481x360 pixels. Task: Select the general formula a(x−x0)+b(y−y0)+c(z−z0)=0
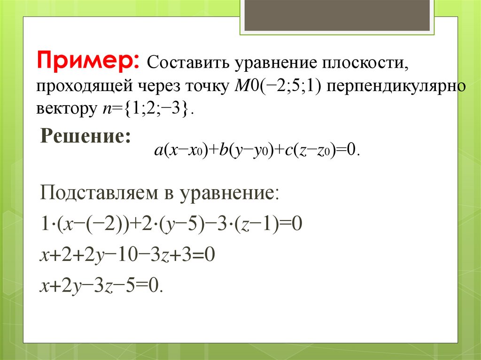click(256, 150)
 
